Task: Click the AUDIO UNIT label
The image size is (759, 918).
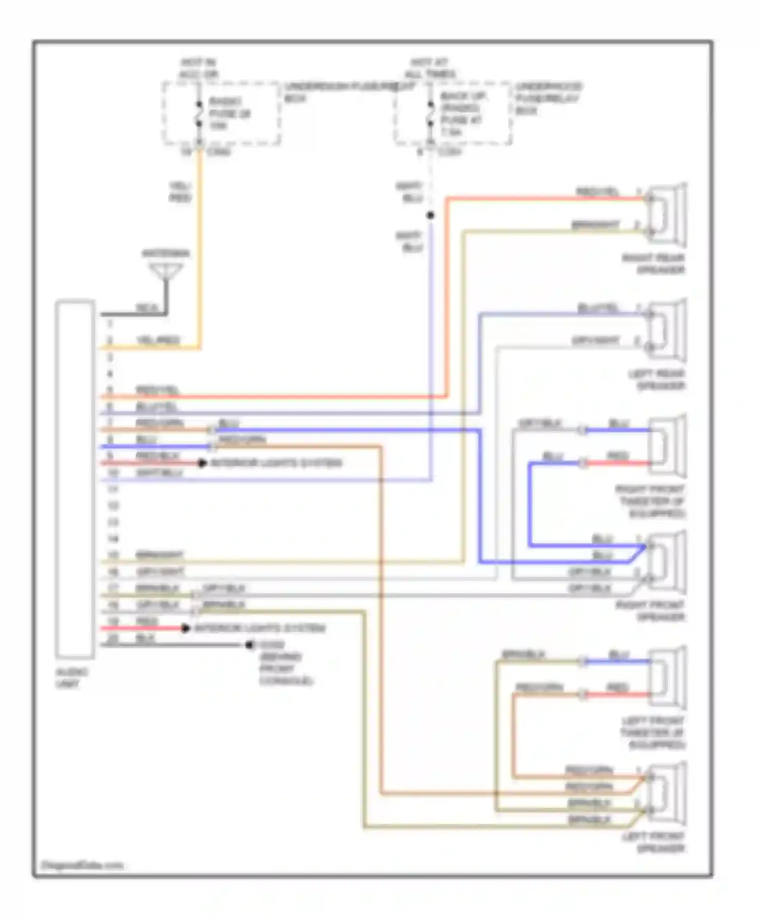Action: coord(71,678)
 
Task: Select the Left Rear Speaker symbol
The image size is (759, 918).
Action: coord(667,331)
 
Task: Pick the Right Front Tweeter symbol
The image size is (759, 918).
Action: coord(667,446)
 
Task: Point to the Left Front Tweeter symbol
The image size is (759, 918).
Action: coord(667,678)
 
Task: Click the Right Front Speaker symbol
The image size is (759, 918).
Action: coord(667,562)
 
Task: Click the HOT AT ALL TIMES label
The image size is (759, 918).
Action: coord(430,68)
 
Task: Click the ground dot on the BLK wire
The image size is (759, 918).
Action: coord(249,645)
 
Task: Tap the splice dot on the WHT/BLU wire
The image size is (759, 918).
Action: coord(430,216)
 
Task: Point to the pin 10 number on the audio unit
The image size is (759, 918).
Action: coord(113,473)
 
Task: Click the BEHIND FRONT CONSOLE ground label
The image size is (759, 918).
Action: coord(286,669)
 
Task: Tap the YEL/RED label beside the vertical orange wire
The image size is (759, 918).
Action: coord(180,192)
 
